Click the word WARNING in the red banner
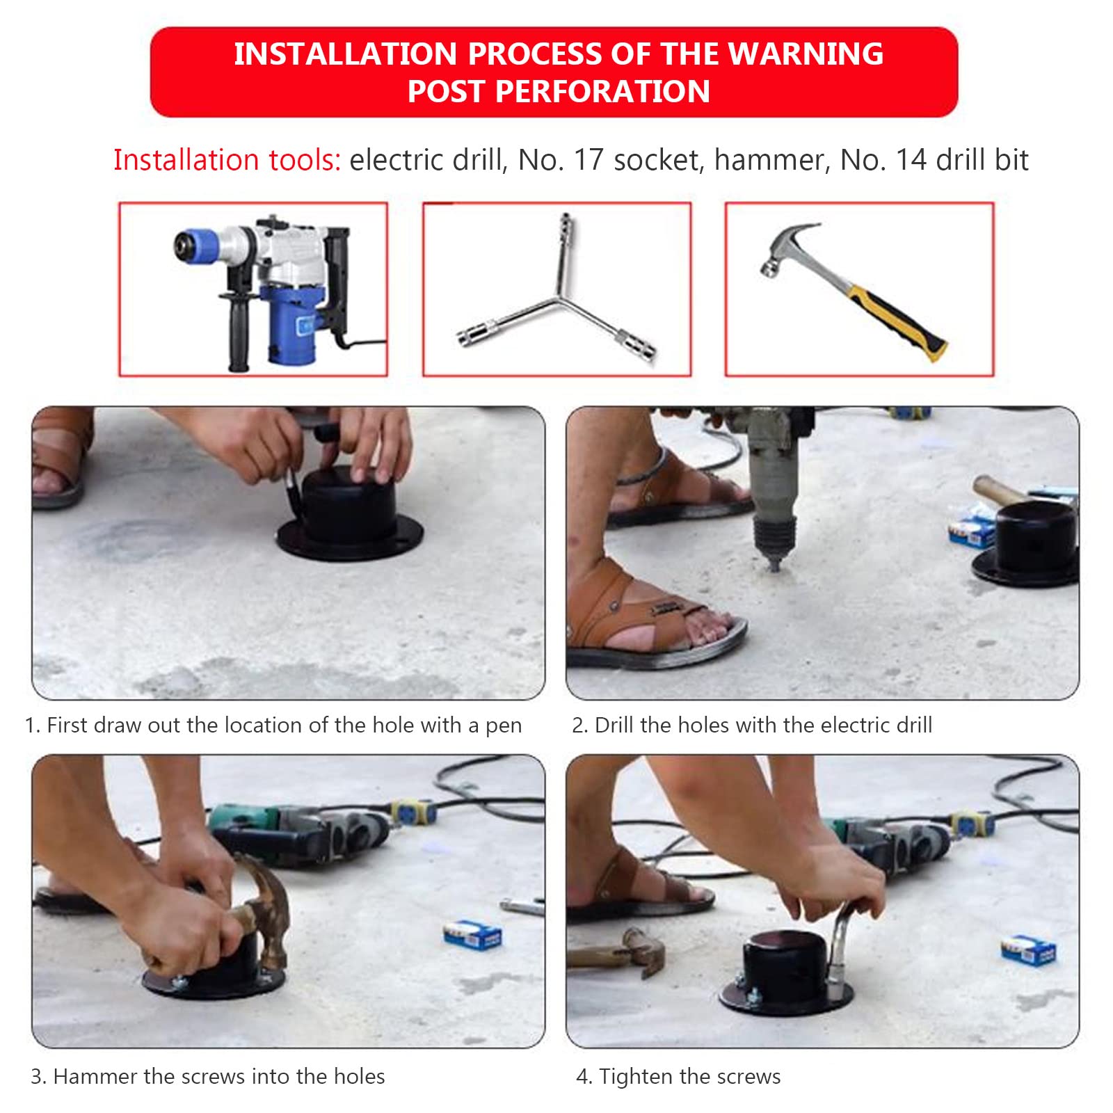coord(806,54)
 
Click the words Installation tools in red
coord(227,160)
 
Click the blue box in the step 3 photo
coord(473,934)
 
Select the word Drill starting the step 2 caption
coord(614,725)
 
